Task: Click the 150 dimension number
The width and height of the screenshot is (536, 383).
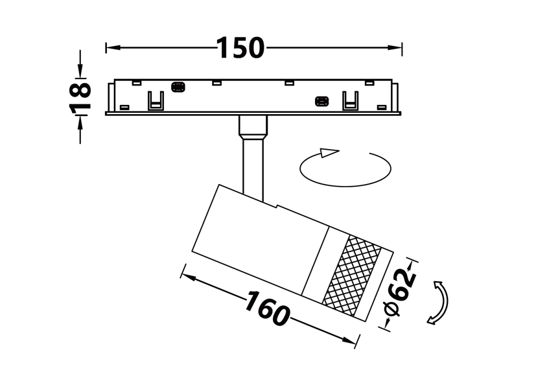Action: coord(240,47)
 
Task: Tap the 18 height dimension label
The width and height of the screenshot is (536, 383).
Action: coord(80,97)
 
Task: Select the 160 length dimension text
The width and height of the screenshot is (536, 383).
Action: coord(267,308)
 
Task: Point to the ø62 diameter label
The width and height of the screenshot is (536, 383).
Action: coord(401,292)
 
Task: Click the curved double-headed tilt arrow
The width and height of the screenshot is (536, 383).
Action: coord(439,302)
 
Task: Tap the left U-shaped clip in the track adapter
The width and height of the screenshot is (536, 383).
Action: coord(156,101)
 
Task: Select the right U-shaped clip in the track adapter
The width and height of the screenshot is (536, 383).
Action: coord(351,101)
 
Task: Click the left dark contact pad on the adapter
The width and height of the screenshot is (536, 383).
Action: coord(178,87)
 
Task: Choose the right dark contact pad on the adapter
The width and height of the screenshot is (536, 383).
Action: coord(321,102)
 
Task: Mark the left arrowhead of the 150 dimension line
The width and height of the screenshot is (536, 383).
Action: coord(113,47)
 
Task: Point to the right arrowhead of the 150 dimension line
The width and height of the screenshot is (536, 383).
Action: coord(395,47)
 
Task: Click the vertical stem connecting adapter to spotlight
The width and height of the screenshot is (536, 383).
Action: coord(253,168)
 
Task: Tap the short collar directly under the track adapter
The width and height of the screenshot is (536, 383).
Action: coord(253,125)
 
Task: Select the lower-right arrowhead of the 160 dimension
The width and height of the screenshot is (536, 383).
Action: coord(349,340)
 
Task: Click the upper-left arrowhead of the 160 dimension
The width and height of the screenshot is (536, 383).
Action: coord(189,277)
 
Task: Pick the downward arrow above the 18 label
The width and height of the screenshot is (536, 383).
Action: coord(80,70)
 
